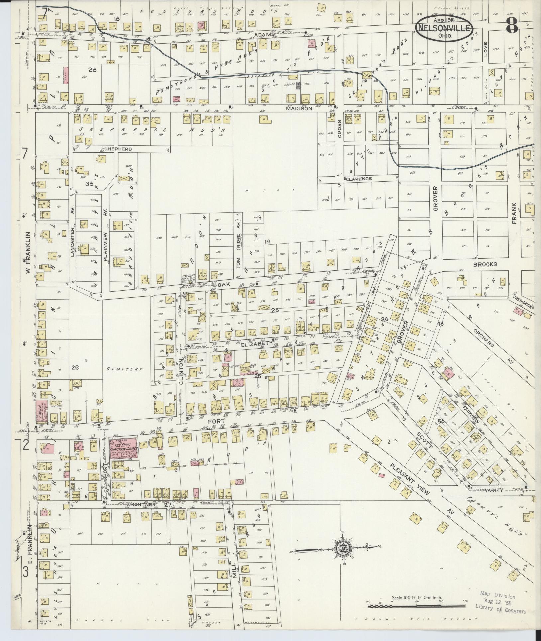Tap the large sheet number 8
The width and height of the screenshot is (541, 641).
click(512, 26)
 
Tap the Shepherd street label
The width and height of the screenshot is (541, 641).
click(118, 149)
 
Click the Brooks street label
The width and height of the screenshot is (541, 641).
click(485, 264)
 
